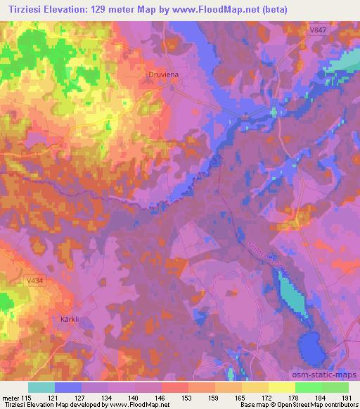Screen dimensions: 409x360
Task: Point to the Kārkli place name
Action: tap(63, 318)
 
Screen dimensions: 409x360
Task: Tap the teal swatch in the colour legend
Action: tap(41, 387)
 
